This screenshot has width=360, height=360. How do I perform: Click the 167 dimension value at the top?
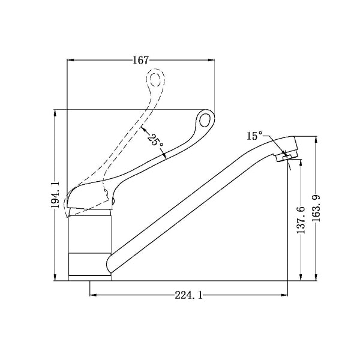(x=141, y=59)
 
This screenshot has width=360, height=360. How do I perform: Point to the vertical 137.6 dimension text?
(x=301, y=220)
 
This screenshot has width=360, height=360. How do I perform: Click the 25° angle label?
(x=154, y=140)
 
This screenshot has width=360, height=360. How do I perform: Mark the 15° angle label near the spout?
(x=254, y=136)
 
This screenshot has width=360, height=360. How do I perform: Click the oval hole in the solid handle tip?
(x=205, y=119)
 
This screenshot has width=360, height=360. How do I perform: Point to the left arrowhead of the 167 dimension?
(x=70, y=59)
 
